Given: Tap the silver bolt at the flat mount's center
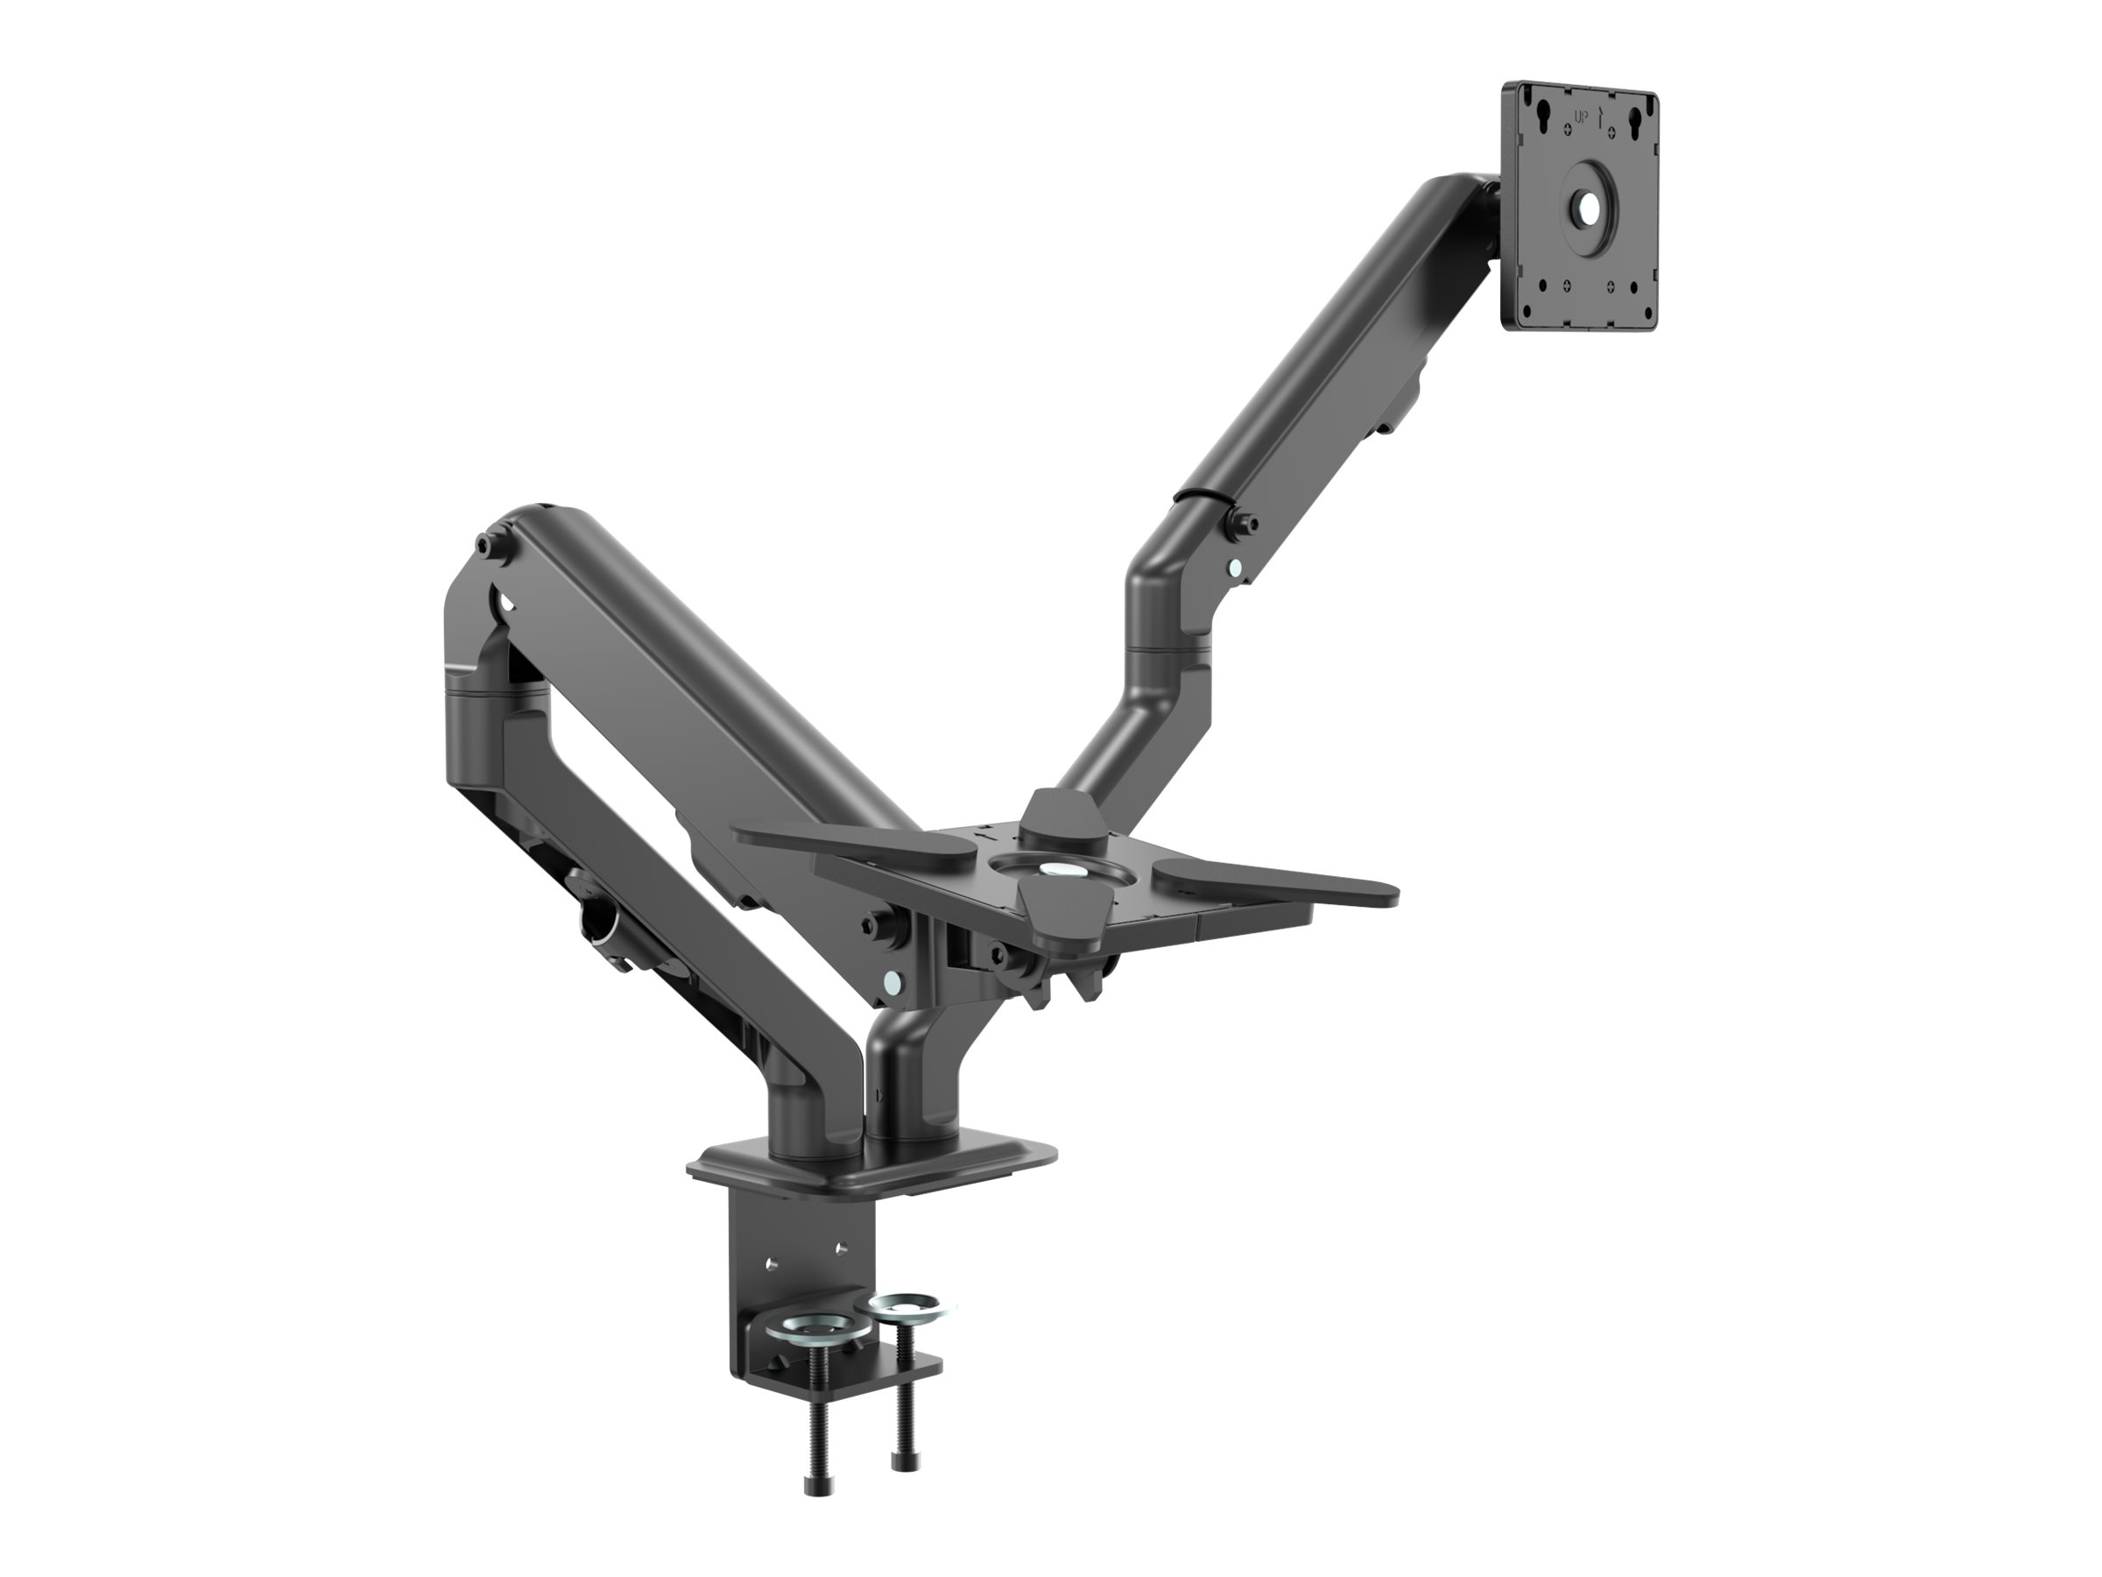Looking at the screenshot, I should pyautogui.click(x=1052, y=869).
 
